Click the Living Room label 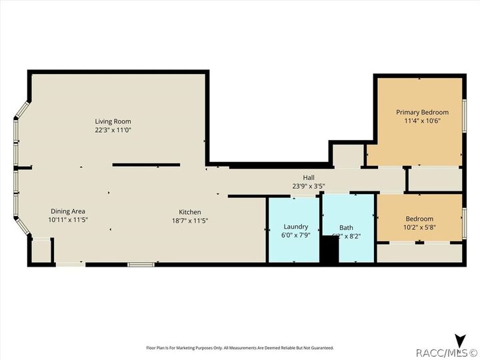113,121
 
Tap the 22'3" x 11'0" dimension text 113,130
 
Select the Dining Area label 67,211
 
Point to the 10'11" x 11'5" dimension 67,219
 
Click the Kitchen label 189,212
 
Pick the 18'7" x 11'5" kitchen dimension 189,221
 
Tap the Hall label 309,177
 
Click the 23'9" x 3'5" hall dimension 309,186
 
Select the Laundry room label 296,227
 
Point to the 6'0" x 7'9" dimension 296,235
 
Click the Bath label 346,227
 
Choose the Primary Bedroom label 422,112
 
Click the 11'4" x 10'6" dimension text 422,121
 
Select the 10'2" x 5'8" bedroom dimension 419,227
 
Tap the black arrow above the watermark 459,340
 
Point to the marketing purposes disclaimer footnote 240,347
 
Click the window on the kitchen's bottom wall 141,265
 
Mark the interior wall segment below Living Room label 146,165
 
